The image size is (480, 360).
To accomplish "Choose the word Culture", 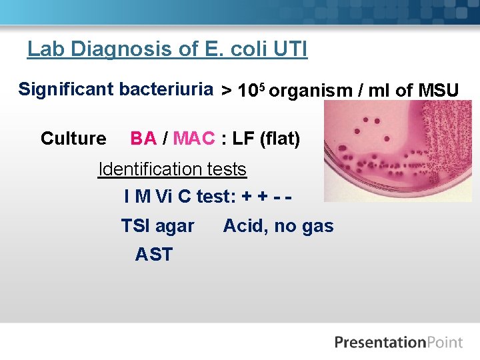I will [73, 139].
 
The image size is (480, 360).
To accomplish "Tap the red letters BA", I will [143, 139].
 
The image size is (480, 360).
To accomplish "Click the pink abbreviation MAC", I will [194, 139].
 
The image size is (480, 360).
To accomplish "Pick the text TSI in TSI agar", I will [135, 227].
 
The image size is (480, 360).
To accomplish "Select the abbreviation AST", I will [153, 255].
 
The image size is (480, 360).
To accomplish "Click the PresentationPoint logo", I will [398, 343].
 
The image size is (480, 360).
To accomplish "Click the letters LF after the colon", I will [241, 139].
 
